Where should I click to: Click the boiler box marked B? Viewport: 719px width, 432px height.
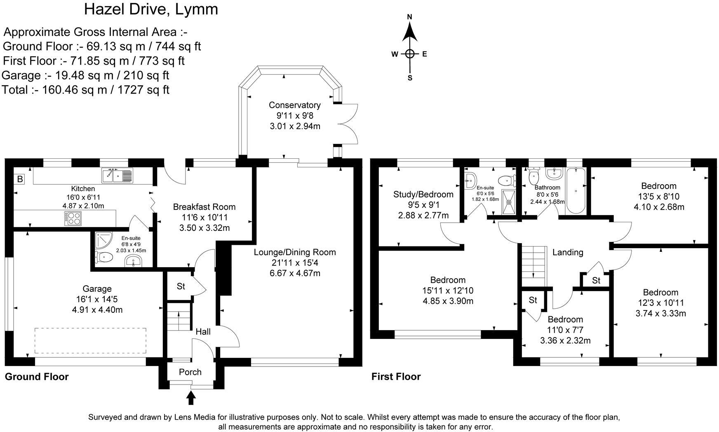pos(19,179)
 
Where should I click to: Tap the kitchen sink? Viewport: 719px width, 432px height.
pos(117,176)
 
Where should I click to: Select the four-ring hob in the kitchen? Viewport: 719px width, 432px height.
pos(73,218)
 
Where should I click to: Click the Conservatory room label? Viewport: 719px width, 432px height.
pos(294,105)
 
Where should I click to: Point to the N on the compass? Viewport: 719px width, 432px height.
pos(410,17)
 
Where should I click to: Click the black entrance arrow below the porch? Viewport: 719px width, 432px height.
pos(191,397)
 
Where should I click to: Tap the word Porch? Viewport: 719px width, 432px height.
pos(190,372)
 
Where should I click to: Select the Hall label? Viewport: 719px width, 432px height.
pos(203,331)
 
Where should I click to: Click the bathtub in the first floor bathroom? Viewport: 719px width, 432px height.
pos(576,191)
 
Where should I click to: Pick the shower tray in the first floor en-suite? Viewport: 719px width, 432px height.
pos(509,202)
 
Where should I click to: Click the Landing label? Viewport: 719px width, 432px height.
pos(568,252)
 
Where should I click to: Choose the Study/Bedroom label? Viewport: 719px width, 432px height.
pos(423,194)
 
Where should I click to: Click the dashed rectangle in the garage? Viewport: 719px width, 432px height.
pos(90,340)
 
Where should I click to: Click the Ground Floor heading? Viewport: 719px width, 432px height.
pos(37,376)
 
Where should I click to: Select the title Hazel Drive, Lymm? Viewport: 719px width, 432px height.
pos(151,9)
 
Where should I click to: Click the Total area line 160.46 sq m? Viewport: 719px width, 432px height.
pos(86,90)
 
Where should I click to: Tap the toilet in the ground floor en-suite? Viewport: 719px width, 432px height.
pos(104,258)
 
